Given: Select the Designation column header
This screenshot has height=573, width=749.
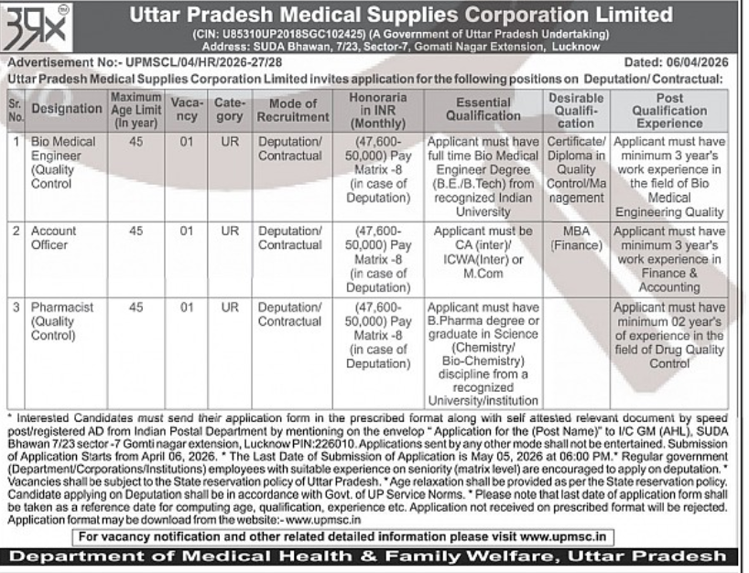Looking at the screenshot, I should (67, 109).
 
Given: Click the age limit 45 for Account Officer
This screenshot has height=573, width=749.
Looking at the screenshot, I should (136, 232).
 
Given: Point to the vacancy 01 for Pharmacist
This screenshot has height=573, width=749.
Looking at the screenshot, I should (186, 308).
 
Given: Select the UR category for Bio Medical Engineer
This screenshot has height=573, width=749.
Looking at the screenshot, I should (230, 142).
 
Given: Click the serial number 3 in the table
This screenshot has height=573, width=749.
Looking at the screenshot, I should (16, 308).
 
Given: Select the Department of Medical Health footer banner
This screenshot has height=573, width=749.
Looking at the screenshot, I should (374, 557).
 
